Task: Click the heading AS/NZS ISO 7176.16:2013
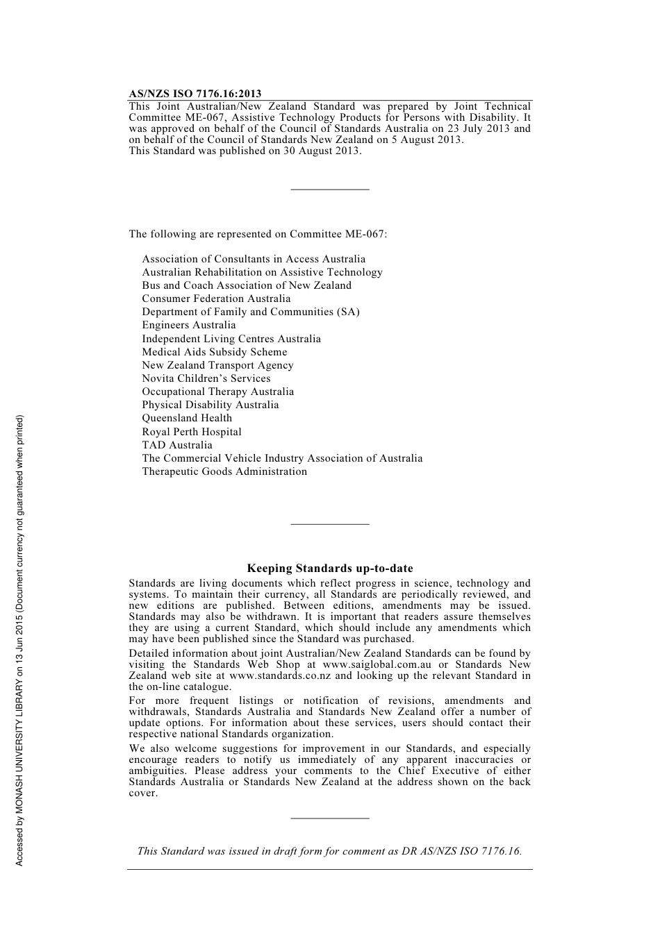point(195,94)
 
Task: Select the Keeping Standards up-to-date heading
point(330,568)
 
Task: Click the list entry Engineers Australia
point(189,325)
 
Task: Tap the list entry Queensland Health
point(187,418)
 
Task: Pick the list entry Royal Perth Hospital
point(192,432)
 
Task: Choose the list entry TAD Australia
point(177,445)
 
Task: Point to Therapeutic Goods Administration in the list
point(224,471)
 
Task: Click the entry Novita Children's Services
point(206,378)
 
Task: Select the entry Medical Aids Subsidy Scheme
point(215,352)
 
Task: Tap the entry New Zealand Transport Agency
point(217,365)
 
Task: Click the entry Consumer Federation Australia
point(216,299)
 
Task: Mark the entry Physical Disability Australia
point(211,405)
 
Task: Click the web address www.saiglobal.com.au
point(377,664)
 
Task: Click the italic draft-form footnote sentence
point(329,851)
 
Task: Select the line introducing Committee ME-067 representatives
point(258,234)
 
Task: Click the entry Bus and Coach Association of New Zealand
point(247,285)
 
